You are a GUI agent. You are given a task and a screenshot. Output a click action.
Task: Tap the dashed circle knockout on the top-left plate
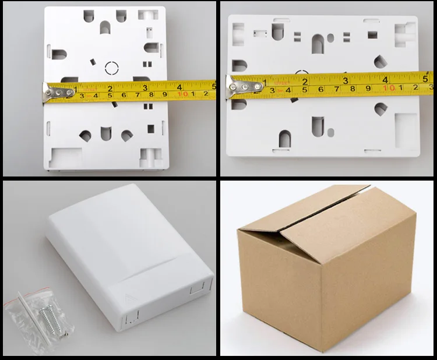[x=111, y=66]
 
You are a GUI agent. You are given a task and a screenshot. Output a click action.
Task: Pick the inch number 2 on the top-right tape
[x=305, y=81]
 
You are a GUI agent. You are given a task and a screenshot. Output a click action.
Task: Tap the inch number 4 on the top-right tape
[x=386, y=79]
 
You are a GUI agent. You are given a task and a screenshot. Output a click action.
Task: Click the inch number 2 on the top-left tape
[x=110, y=89]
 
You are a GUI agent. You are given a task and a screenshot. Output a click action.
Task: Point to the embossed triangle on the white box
[x=129, y=298]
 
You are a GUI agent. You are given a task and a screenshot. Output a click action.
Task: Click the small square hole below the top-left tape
[x=150, y=126]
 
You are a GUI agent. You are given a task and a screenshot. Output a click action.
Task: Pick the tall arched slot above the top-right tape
[x=318, y=43]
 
